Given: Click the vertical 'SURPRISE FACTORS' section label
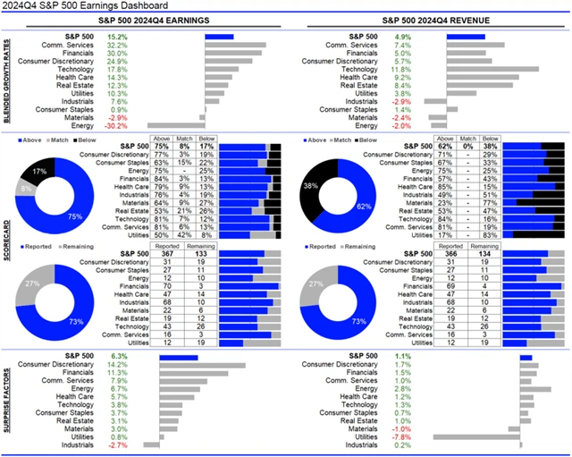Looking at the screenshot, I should coord(9,400).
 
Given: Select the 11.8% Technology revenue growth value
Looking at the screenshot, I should coord(402,69).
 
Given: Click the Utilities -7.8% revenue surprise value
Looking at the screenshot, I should coord(402,436).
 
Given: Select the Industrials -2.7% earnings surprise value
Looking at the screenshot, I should coord(116,444).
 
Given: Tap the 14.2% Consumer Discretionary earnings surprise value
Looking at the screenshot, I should coord(116,365).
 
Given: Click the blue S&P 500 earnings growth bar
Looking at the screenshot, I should coord(219,37).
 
